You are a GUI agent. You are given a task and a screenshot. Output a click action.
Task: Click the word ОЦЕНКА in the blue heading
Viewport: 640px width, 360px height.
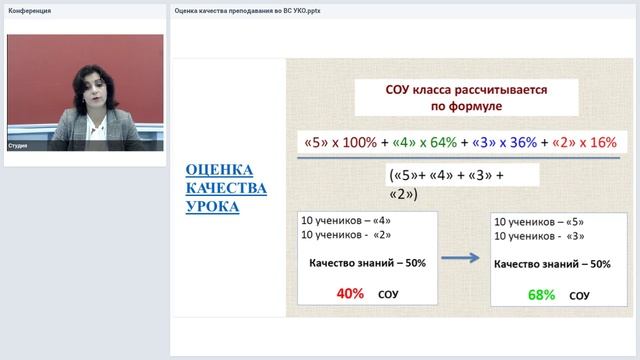pyautogui.click(x=219, y=170)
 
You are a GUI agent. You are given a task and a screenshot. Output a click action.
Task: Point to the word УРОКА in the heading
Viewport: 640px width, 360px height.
pyautogui.click(x=212, y=207)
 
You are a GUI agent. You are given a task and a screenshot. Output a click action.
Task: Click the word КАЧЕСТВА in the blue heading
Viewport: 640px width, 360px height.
pyautogui.click(x=226, y=188)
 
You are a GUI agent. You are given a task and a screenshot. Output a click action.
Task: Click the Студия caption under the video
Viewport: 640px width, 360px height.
pyautogui.click(x=20, y=146)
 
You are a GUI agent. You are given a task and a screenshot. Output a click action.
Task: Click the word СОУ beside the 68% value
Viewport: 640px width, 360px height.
pyautogui.click(x=579, y=297)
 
